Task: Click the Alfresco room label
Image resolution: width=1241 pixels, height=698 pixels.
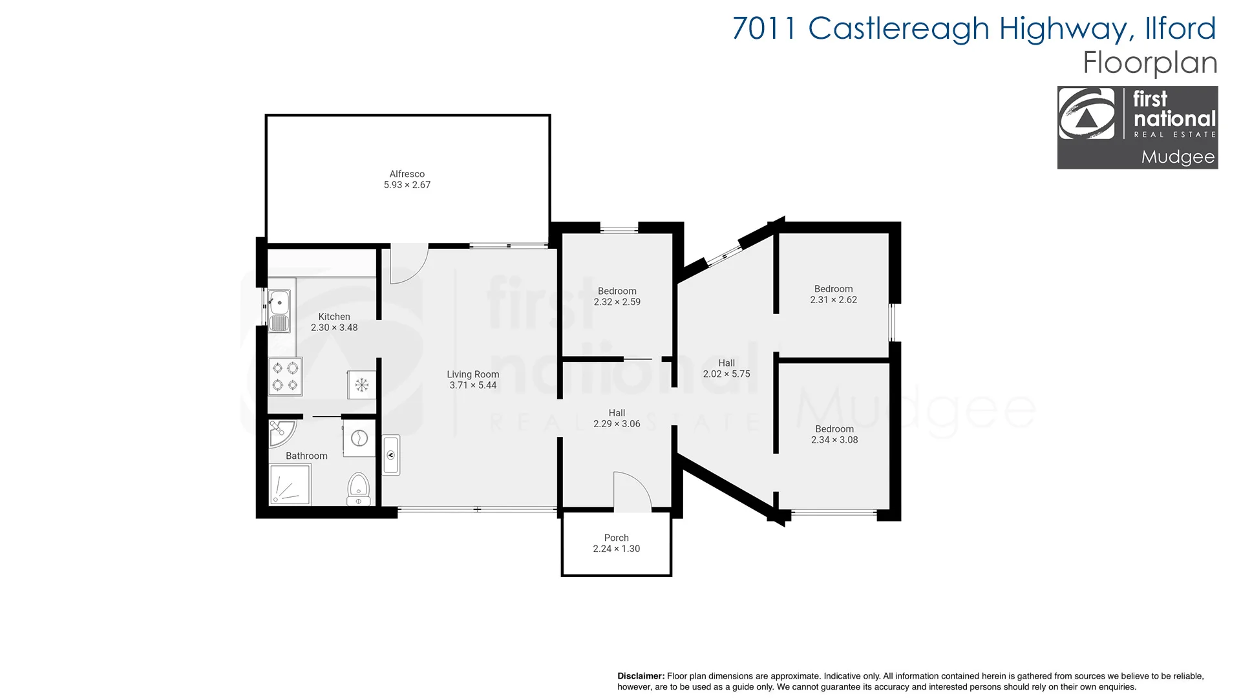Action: [x=407, y=174]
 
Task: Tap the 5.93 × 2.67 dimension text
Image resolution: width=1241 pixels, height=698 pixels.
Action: [x=407, y=185]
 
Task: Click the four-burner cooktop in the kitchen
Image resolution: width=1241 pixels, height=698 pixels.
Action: [x=285, y=376]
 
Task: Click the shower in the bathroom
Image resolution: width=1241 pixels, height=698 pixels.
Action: [x=290, y=485]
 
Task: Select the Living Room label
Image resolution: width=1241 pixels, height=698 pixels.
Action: [x=472, y=374]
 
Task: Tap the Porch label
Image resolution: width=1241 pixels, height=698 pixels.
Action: [x=616, y=538]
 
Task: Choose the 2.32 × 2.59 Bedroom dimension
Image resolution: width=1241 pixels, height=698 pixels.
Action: [x=617, y=302]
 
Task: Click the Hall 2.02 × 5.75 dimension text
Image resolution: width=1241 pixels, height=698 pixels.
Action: [x=727, y=374]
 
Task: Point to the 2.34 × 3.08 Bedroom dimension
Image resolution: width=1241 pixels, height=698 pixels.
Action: [x=834, y=439]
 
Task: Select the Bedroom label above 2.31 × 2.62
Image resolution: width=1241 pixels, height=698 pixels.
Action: [x=833, y=289]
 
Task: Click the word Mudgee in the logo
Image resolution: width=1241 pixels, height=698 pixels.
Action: [x=1178, y=157]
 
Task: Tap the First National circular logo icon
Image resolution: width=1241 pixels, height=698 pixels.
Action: [x=1087, y=114]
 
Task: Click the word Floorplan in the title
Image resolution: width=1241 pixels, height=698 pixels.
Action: [x=1150, y=63]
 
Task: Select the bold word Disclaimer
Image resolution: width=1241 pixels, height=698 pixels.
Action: [x=641, y=676]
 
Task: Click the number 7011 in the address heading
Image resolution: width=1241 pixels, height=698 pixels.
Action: [x=763, y=28]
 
